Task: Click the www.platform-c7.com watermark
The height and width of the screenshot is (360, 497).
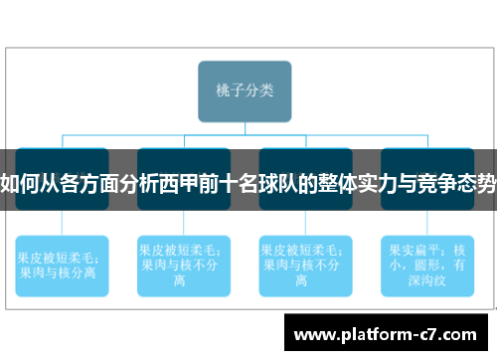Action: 387,332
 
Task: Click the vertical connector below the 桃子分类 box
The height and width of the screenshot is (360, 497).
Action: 246,125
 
